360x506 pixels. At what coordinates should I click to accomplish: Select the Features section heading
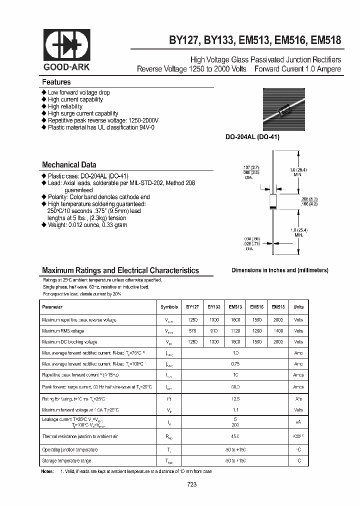(56, 82)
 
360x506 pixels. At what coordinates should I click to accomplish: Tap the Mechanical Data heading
(69, 164)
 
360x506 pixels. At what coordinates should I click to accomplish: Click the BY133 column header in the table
(214, 307)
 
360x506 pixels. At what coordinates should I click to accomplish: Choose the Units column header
(298, 307)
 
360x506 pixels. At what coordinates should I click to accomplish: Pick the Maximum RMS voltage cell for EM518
(278, 331)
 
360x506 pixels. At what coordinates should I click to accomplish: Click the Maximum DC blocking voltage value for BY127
(192, 342)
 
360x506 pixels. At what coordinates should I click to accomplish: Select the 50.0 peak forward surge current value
(235, 387)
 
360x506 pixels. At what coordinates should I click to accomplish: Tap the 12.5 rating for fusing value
(235, 399)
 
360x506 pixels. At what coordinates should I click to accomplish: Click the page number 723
(192, 484)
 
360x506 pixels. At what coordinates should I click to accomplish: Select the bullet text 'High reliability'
(65, 106)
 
